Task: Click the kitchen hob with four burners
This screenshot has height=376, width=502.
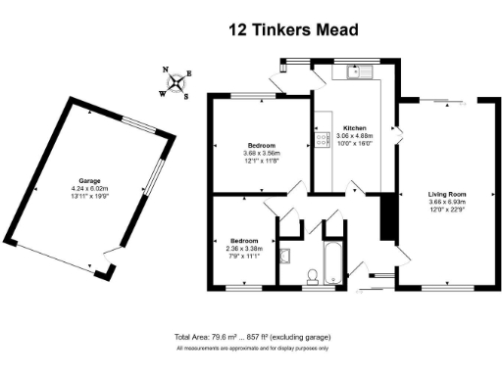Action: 321,139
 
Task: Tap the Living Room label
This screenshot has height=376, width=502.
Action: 446,194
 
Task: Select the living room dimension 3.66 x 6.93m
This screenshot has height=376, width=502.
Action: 446,202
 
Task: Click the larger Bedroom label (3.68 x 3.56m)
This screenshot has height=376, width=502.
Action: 260,146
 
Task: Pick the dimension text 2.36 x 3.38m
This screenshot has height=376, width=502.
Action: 244,249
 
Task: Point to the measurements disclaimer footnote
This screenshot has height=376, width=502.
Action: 252,349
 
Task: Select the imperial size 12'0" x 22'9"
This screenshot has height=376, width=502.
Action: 446,209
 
